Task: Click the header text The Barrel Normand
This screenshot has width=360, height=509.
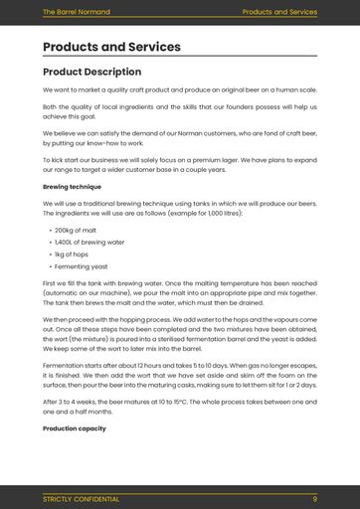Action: pyautogui.click(x=76, y=12)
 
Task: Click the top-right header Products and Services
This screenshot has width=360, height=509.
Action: pyautogui.click(x=279, y=12)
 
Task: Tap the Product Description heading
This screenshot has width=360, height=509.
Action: pyautogui.click(x=91, y=73)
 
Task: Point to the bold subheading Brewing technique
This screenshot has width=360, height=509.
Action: pyautogui.click(x=72, y=186)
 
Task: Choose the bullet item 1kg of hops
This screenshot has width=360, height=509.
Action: pyautogui.click(x=71, y=254)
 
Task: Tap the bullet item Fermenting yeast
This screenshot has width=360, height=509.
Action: pyautogui.click(x=79, y=267)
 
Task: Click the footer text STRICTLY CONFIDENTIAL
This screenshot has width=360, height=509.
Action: pyautogui.click(x=81, y=499)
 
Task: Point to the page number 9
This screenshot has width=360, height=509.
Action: pyautogui.click(x=314, y=499)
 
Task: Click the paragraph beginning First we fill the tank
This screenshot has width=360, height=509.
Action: pyautogui.click(x=179, y=293)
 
